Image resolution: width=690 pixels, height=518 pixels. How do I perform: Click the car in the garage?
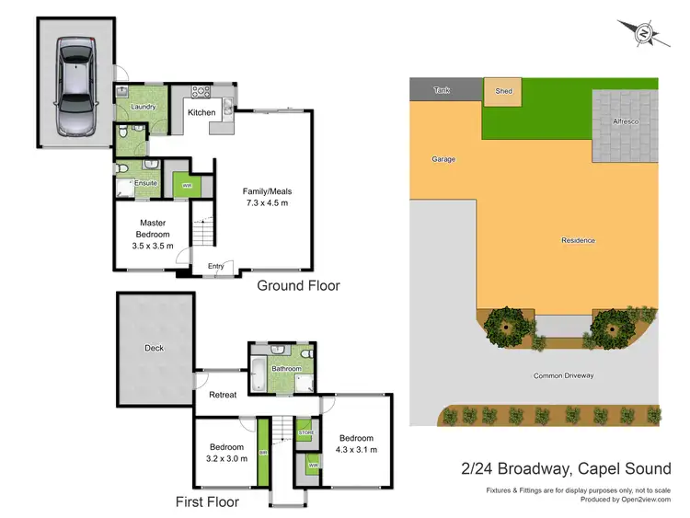tap(74, 84)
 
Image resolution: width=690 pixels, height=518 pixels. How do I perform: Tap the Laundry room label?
tap(137, 107)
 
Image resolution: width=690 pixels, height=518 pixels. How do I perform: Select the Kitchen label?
tap(201, 112)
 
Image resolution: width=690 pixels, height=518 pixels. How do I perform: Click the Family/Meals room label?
tap(267, 191)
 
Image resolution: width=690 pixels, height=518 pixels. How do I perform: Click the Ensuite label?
tap(145, 183)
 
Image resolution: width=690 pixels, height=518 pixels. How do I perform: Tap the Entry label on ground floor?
tap(215, 267)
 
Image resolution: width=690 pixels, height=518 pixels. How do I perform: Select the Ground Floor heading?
tap(298, 286)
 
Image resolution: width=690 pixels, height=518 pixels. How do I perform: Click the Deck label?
tap(154, 349)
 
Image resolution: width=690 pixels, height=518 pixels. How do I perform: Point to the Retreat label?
tap(222, 395)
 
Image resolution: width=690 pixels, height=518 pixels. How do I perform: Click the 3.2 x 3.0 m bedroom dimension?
tap(225, 457)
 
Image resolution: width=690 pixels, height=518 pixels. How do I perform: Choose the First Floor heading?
tap(207, 502)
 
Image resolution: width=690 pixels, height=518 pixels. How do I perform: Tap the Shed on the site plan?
tap(503, 92)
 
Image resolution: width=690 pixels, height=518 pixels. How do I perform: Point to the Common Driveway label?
tap(564, 375)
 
